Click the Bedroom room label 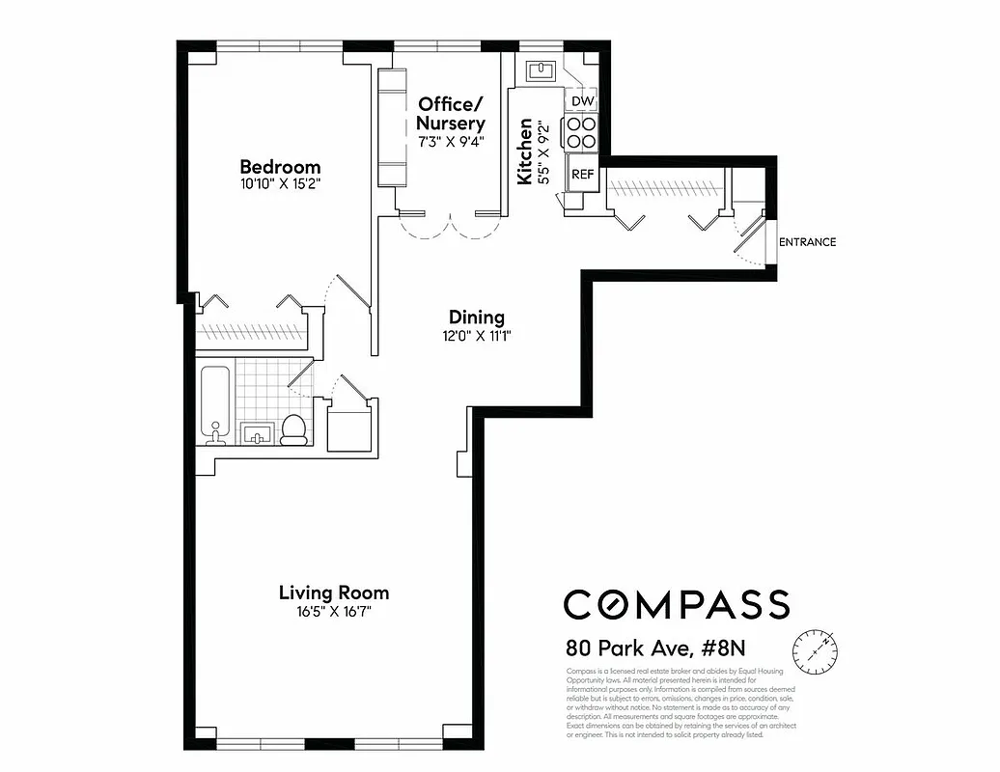coord(280,166)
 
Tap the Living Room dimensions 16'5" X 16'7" coord(333,611)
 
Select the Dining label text coord(477,317)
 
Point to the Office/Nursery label coord(450,113)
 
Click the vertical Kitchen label coord(525,152)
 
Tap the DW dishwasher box coord(582,101)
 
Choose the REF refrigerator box coord(582,174)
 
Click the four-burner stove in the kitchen coord(582,132)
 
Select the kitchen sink coord(540,70)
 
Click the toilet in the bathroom coord(293,429)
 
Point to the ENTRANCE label coord(807,242)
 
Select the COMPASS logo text coord(677,604)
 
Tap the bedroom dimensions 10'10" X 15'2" coord(280,183)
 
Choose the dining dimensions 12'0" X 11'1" coord(477,336)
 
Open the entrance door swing coord(747,237)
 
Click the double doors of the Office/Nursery coord(452,224)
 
